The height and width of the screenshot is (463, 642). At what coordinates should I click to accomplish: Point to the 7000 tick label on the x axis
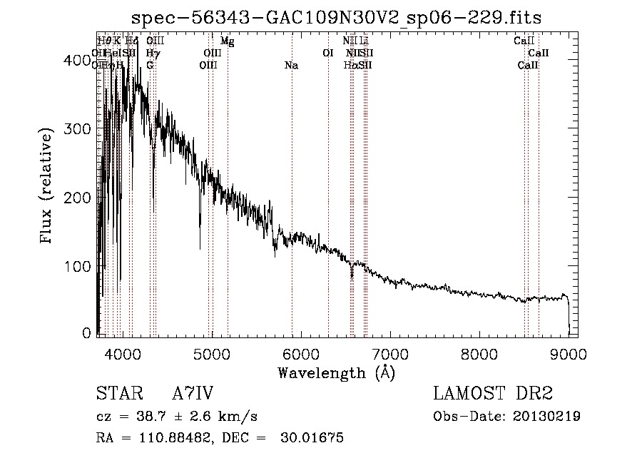pos(390,355)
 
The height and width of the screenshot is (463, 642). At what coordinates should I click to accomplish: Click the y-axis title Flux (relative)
pos(48,188)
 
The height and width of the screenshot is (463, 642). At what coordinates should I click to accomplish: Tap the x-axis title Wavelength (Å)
pos(336,372)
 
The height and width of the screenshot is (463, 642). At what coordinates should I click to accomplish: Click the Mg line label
pos(227,41)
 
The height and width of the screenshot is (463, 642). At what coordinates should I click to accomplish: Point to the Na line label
pos(291,66)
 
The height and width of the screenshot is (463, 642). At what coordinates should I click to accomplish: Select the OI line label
pos(328,54)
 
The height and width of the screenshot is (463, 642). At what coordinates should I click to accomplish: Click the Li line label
pos(364,41)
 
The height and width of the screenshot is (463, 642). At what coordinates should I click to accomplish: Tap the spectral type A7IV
pos(193,394)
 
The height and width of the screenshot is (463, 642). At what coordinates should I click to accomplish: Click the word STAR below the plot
pos(118,394)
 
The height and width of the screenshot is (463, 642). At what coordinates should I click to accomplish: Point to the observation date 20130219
pos(546,417)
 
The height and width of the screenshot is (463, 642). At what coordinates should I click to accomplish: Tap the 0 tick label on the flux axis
pos(87,333)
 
